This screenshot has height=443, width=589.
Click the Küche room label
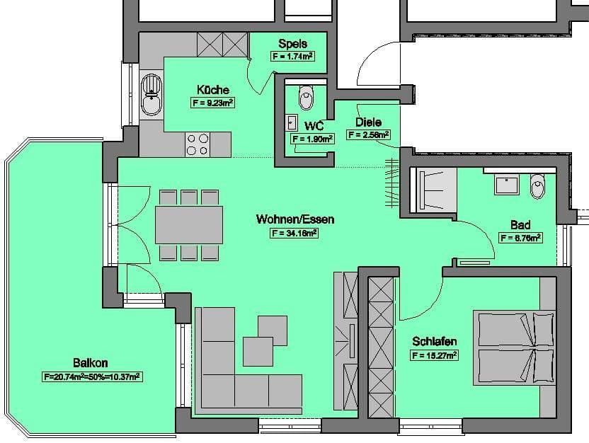[213, 90]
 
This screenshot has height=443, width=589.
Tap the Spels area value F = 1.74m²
[292, 57]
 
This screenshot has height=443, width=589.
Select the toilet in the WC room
[306, 98]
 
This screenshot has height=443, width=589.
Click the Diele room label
[368, 122]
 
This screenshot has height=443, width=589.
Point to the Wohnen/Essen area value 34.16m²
[294, 233]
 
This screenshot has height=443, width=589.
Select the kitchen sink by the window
[151, 96]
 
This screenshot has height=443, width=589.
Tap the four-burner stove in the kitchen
[197, 144]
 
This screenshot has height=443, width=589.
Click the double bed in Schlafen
[515, 347]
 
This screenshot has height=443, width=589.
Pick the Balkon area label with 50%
[92, 377]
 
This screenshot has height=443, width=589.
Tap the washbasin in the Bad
[506, 185]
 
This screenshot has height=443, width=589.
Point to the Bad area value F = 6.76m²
[520, 238]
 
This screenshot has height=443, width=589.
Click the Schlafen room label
[434, 342]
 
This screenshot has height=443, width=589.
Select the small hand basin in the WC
[291, 122]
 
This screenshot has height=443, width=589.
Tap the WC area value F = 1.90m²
[312, 139]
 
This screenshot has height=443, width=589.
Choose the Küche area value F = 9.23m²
[213, 103]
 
